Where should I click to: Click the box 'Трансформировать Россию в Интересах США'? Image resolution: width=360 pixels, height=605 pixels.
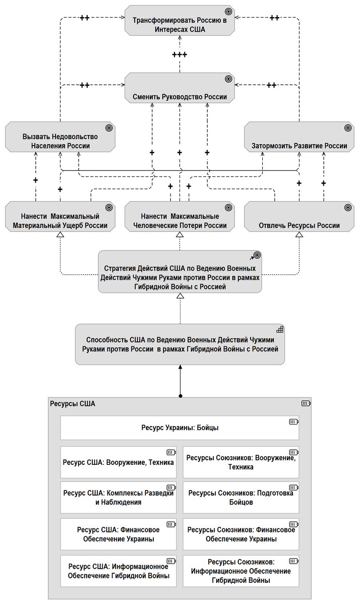click(x=179, y=20)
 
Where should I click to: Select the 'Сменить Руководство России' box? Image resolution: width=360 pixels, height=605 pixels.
click(x=179, y=88)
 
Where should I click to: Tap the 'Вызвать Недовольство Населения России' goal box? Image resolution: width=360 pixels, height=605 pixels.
click(x=60, y=137)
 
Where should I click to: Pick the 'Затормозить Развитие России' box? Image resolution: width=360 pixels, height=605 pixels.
click(x=299, y=137)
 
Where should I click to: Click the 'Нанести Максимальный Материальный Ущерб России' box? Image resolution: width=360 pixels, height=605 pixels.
click(x=60, y=216)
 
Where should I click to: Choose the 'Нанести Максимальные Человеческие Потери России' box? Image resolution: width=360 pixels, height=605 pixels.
click(x=179, y=216)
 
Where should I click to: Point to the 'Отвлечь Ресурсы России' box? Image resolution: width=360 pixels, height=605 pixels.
click(x=299, y=216)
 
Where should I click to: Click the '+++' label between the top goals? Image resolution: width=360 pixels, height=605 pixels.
click(x=179, y=55)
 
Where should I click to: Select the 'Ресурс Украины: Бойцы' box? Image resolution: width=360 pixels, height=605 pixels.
click(x=179, y=428)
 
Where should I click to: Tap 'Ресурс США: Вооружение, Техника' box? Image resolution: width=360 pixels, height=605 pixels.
click(x=118, y=462)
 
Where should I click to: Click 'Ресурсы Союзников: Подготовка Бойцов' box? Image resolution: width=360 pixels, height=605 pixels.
click(x=241, y=498)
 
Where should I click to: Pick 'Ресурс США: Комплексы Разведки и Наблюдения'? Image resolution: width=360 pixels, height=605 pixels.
click(x=118, y=498)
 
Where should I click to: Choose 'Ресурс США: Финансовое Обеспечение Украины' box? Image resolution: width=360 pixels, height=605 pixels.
click(x=118, y=534)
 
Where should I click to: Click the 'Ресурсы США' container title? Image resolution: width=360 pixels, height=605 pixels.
click(x=73, y=404)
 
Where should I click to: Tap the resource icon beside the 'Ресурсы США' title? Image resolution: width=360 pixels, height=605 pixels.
click(x=306, y=403)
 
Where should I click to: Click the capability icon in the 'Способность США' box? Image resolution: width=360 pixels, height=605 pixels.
click(x=280, y=329)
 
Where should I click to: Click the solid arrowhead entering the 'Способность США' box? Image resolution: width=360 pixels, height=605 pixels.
click(x=181, y=367)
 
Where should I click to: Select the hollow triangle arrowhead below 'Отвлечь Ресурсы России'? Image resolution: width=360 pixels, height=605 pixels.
click(x=299, y=235)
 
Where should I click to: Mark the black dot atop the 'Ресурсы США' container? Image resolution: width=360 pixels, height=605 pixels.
click(x=181, y=396)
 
